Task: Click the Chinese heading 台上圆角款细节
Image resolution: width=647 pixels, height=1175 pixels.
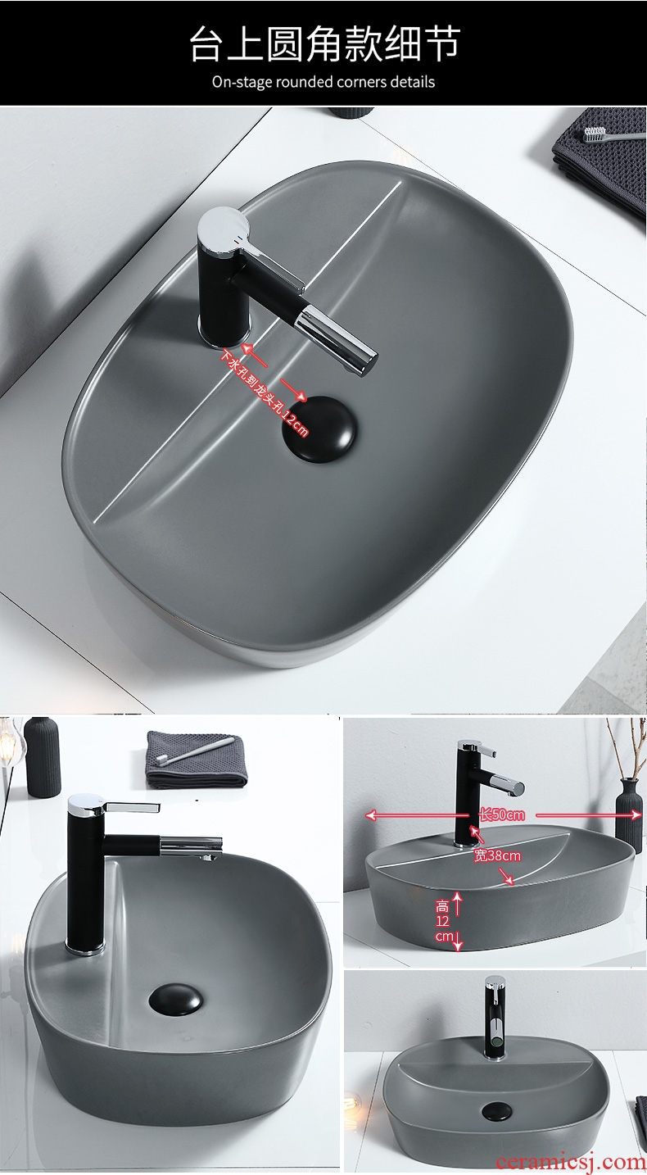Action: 324,43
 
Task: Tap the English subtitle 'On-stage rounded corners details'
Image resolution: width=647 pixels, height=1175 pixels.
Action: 323,82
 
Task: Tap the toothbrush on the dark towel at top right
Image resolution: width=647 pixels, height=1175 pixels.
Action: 613,134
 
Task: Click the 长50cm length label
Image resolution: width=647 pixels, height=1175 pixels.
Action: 502,814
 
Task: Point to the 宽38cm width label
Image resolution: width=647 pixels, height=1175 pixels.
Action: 497,855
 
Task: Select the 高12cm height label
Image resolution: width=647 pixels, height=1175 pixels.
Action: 444,921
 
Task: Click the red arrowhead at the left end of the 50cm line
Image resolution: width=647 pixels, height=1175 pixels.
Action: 370,814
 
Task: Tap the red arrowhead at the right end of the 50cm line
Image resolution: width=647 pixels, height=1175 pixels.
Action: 636,814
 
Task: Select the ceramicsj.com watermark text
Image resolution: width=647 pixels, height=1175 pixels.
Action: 571,1161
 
